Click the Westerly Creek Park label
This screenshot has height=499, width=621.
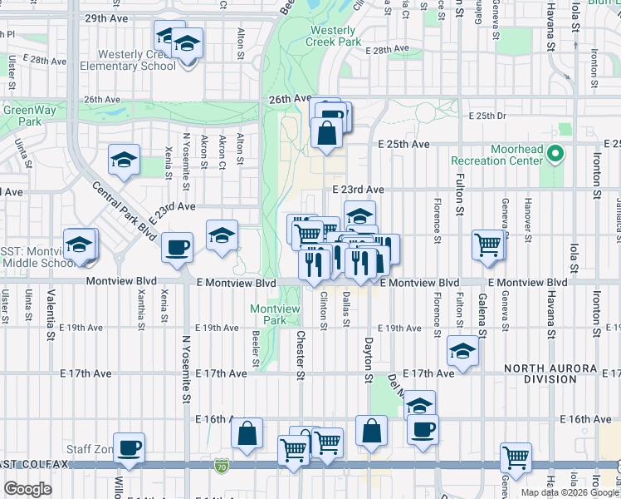tap(333, 35)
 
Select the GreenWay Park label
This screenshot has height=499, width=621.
tap(22, 115)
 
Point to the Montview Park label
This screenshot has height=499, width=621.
tap(275, 314)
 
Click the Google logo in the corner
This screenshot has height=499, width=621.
tap(28, 489)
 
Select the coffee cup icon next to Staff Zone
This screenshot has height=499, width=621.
tap(129, 447)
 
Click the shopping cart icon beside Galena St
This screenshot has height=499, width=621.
tap(488, 245)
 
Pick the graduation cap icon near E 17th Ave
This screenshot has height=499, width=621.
tap(462, 350)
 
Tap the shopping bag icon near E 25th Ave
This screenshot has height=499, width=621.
tap(327, 132)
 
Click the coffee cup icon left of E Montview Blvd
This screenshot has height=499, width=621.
tap(177, 247)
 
